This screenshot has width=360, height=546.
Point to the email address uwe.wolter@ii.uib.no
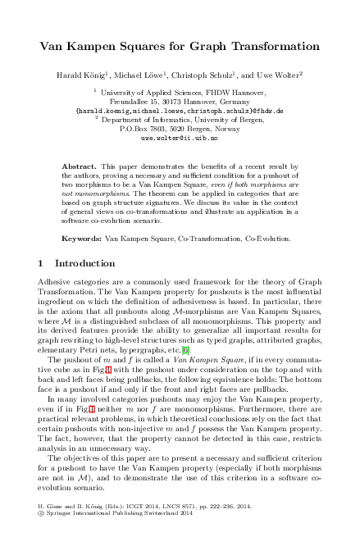click(180, 139)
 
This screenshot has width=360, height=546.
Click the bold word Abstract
click(80, 166)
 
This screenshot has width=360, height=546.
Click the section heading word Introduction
click(84, 265)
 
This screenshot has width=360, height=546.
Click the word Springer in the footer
click(60, 538)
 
